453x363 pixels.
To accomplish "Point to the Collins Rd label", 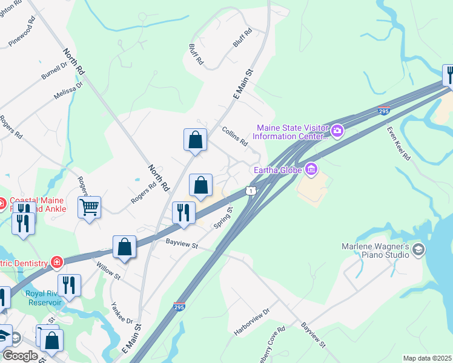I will (x=235, y=137).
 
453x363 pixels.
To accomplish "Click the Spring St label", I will (x=223, y=218).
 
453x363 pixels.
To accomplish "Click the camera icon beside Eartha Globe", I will (x=311, y=169).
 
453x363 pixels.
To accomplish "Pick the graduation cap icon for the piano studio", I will (x=418, y=250).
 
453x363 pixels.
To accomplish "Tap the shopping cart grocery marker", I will (x=89, y=208).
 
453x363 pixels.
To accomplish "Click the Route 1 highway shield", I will (x=250, y=191).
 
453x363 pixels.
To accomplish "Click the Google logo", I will (x=21, y=355).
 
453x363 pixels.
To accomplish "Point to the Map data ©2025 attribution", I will (x=427, y=358).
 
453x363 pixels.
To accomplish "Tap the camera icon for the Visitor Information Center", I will (x=337, y=130).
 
